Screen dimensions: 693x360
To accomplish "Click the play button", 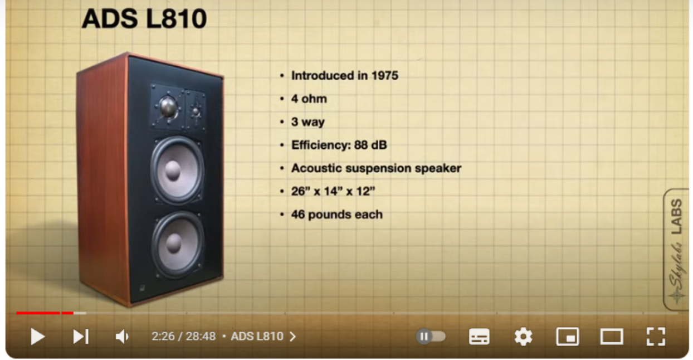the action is pyautogui.click(x=38, y=337).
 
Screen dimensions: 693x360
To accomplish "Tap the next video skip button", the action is pyautogui.click(x=81, y=337).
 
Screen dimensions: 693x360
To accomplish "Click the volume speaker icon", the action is pyautogui.click(x=122, y=337).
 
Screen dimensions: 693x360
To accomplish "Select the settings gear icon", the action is pyautogui.click(x=523, y=337).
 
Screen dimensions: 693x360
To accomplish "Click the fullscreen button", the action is pyautogui.click(x=656, y=337).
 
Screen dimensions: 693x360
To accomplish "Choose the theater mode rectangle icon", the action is pyautogui.click(x=612, y=337).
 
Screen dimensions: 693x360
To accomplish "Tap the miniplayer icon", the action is pyautogui.click(x=568, y=337).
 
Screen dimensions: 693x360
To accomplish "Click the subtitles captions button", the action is pyautogui.click(x=479, y=337).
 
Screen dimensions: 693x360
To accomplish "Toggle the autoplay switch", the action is pyautogui.click(x=431, y=337).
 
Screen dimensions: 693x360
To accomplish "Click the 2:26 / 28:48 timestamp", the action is pyautogui.click(x=183, y=337).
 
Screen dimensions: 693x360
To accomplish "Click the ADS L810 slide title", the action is pyautogui.click(x=144, y=18).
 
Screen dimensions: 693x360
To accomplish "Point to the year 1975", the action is pyautogui.click(x=384, y=76).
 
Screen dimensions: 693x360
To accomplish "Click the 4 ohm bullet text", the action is pyautogui.click(x=309, y=99).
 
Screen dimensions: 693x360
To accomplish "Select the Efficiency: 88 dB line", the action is pyautogui.click(x=339, y=145).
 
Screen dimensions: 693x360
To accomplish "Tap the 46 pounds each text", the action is pyautogui.click(x=336, y=215).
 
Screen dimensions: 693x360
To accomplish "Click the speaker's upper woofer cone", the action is pyautogui.click(x=177, y=170).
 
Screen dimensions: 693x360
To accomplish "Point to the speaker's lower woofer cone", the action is pyautogui.click(x=178, y=244).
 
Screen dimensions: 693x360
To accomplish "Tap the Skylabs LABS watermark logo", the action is pyautogui.click(x=676, y=250).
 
